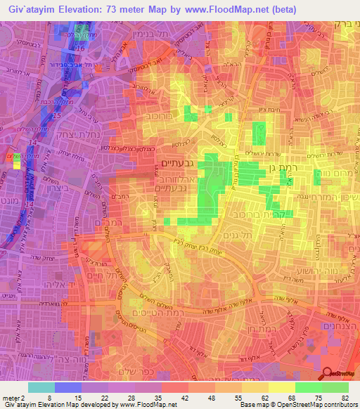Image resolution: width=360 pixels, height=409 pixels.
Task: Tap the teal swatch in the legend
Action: [41, 387]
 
